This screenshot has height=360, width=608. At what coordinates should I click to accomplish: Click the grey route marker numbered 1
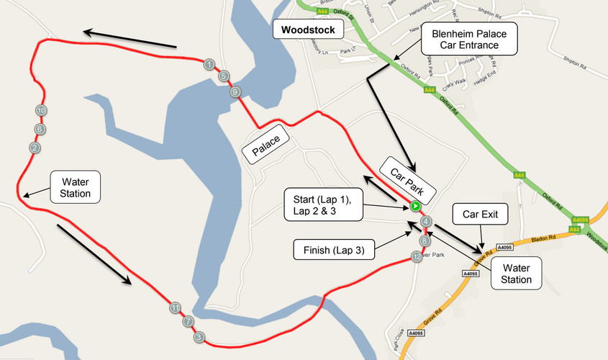(209, 65)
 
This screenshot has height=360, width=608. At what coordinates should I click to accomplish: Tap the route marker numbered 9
(235, 92)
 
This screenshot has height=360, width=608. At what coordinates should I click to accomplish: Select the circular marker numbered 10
(41, 110)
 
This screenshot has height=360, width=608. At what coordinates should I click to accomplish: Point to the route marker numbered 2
(34, 148)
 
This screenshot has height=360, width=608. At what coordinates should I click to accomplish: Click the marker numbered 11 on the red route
(175, 308)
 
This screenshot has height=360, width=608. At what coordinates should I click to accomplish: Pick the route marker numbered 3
(199, 336)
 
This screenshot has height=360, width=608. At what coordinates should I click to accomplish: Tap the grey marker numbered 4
(426, 222)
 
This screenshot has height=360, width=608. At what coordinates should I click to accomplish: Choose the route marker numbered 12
(416, 256)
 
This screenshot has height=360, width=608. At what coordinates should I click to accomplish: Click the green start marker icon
(415, 207)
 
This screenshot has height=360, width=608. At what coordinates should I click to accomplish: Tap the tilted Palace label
(266, 145)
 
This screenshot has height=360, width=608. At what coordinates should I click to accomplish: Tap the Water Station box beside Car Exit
(517, 274)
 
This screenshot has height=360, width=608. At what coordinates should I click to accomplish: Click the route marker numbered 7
(188, 321)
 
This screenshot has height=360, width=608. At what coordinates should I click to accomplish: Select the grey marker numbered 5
(224, 76)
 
